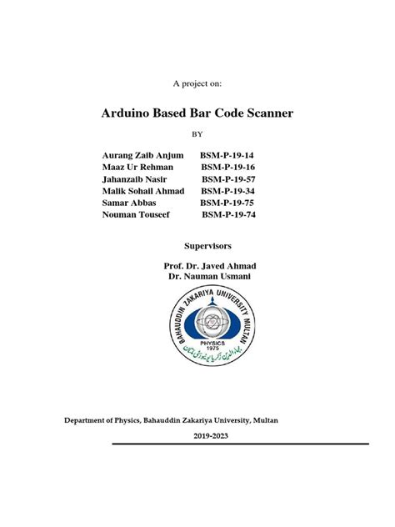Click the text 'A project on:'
(x=197, y=83)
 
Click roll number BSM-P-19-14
(x=227, y=155)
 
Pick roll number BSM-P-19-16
(x=227, y=167)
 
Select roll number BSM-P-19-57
(x=229, y=178)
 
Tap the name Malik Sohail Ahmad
(x=142, y=190)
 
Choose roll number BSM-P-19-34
(x=229, y=190)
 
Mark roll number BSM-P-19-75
(x=227, y=202)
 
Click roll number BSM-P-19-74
(x=230, y=213)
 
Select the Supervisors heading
(x=207, y=247)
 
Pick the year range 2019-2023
(x=213, y=436)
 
